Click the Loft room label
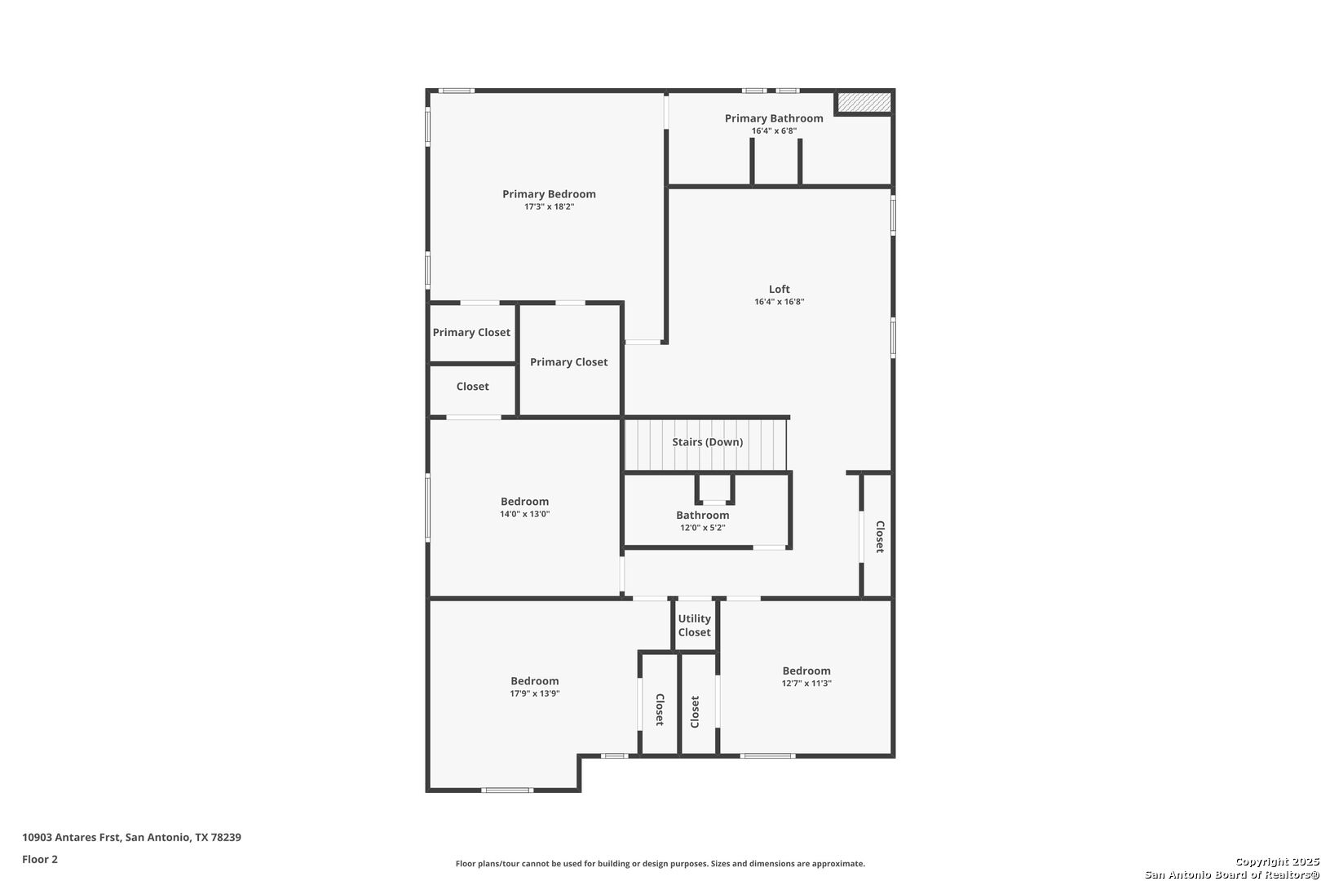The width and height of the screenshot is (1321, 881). tap(779, 289)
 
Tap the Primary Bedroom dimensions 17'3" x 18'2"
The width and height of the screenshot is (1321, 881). tap(549, 206)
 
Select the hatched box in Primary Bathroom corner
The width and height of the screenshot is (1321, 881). tap(864, 102)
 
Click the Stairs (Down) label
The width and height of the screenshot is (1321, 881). tap(707, 442)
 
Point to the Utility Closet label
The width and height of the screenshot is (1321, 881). tap(694, 626)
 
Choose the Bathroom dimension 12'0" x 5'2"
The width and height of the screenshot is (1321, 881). tap(702, 528)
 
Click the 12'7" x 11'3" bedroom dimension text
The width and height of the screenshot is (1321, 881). tap(806, 684)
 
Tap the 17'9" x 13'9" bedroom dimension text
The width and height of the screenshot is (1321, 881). tap(534, 693)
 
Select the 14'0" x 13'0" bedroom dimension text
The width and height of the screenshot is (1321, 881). tap(525, 514)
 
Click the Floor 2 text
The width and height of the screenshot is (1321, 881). tap(40, 859)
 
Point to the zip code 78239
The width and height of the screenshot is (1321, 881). tap(227, 837)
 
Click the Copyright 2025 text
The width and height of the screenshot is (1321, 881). tap(1277, 861)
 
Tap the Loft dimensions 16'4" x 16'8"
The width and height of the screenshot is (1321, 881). tap(779, 302)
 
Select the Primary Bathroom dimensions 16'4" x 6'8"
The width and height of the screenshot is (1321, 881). tap(774, 131)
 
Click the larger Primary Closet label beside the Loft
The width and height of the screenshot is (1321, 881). tap(568, 362)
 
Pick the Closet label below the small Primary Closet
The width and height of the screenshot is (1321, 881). tap(472, 387)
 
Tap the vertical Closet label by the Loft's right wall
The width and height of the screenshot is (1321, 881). tap(880, 537)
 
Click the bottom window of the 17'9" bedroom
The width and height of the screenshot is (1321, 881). tap(507, 790)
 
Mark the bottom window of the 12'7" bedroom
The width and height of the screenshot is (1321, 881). tap(767, 756)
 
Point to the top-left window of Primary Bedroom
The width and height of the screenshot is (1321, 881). tap(457, 91)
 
